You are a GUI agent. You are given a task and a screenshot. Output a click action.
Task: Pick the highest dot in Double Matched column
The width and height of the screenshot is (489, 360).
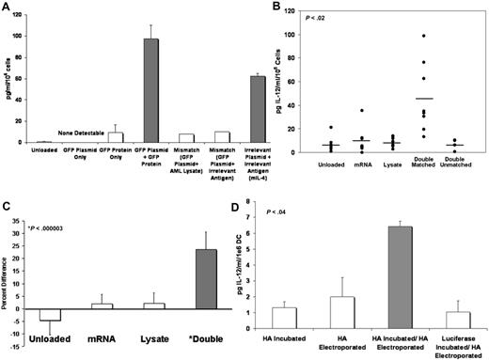(x=424, y=36)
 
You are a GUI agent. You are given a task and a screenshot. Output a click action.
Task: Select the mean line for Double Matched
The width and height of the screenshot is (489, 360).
(x=424, y=98)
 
